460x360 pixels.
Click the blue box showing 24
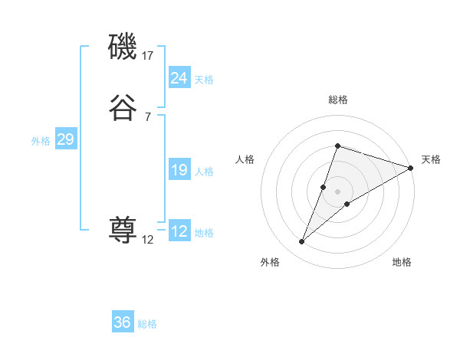point(179,78)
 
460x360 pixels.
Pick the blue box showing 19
point(179,171)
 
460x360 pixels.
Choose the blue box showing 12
point(179,231)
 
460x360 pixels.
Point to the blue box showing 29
point(65,139)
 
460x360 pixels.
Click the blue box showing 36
point(123,322)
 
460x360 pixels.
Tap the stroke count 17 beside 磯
point(148,56)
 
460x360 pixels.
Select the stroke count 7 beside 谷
point(147,116)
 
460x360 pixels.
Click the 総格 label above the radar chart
point(338,100)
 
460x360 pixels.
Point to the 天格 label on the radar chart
point(431,159)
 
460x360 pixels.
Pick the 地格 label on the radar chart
point(402,262)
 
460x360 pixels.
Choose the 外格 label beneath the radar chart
point(270,262)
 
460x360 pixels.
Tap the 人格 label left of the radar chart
point(245,159)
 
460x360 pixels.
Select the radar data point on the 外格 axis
point(302,242)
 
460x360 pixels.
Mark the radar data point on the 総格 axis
point(337,146)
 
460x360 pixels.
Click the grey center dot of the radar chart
point(338,191)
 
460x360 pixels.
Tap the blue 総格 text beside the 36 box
point(147,324)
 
